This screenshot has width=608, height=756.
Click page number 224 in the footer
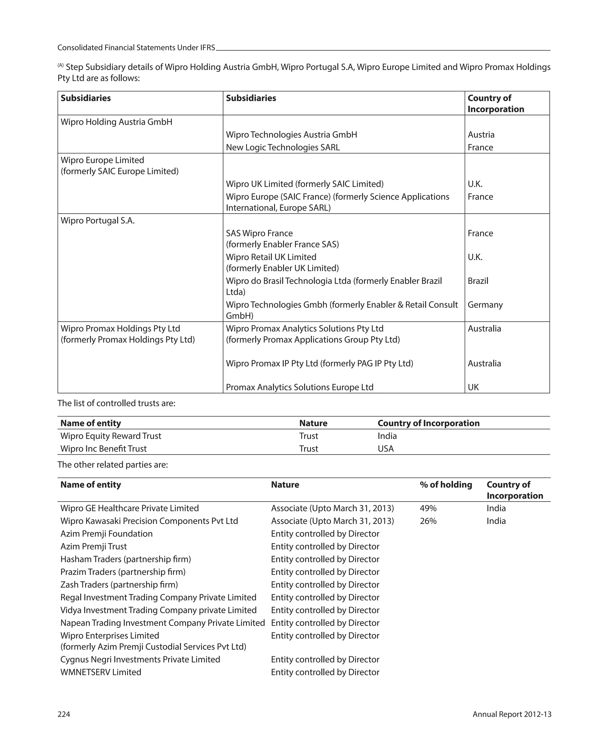(64, 714)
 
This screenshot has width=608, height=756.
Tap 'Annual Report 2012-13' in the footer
(512, 714)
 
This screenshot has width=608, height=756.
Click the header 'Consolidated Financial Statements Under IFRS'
(136, 48)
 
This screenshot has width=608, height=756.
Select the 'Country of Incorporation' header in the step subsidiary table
(495, 103)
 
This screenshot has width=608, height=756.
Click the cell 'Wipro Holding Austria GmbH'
(116, 122)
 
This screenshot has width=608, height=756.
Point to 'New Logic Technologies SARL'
(283, 147)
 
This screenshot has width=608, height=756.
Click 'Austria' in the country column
(481, 135)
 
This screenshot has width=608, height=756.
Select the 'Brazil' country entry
(478, 281)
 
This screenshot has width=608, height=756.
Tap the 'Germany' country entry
(485, 305)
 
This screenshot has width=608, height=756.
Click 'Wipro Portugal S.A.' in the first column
(97, 221)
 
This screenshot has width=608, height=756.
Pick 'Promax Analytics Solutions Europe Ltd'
(300, 387)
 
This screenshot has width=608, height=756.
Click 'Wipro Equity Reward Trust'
(110, 436)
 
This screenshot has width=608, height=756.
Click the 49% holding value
(428, 508)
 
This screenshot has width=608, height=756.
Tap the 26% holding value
(428, 521)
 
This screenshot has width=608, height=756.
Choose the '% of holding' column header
(446, 485)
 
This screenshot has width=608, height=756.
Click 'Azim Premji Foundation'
(106, 534)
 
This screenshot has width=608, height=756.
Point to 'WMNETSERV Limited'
(101, 672)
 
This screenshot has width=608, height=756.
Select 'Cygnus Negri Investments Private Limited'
(140, 659)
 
